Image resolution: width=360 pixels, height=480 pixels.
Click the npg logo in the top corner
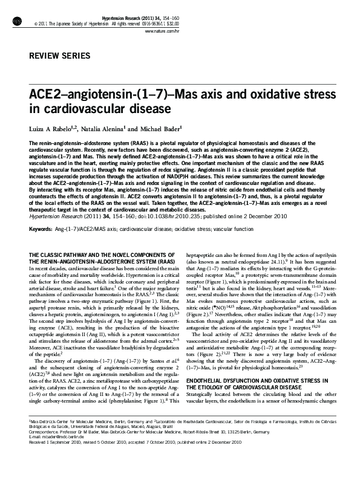(x=19, y=21)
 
